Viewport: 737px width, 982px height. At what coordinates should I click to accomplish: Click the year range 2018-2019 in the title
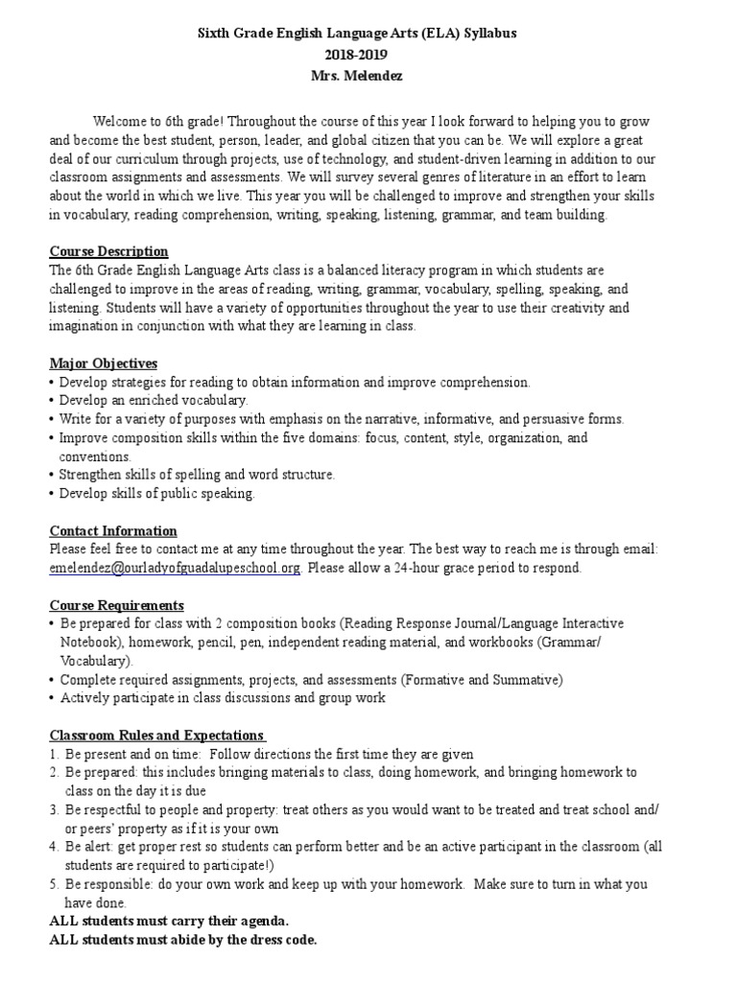(368, 51)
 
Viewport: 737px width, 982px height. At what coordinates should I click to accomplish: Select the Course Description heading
(108, 251)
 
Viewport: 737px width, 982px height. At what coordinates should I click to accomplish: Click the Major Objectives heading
(104, 363)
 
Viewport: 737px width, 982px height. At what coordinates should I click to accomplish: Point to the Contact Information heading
(113, 530)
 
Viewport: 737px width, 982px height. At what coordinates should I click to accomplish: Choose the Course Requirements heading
(116, 605)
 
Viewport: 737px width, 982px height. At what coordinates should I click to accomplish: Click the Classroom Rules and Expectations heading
(157, 736)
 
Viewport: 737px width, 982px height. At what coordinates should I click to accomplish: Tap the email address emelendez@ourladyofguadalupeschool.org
(176, 568)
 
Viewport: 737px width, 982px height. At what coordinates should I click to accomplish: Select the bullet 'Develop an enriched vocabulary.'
(154, 400)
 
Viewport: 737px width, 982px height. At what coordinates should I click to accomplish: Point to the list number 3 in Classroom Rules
(54, 809)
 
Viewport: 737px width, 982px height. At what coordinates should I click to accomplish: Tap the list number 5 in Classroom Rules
(54, 884)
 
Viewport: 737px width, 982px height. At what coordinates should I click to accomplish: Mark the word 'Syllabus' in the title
(486, 33)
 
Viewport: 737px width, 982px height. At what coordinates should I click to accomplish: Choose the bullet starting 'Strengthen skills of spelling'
(198, 475)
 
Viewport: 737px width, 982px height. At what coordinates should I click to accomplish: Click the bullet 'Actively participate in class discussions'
(223, 698)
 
